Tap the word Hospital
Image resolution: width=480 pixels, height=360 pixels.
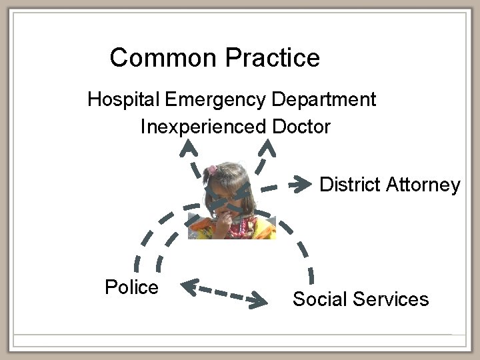123,100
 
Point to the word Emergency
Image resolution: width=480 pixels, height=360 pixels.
215,100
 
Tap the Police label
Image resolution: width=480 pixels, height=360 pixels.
132,287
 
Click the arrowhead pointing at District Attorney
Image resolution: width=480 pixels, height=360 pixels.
305,182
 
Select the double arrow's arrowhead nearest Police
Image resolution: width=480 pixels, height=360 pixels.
188,287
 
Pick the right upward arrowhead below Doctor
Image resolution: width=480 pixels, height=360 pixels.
266,145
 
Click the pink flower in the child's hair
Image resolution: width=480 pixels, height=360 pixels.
212,170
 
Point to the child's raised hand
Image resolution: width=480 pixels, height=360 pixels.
221,223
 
